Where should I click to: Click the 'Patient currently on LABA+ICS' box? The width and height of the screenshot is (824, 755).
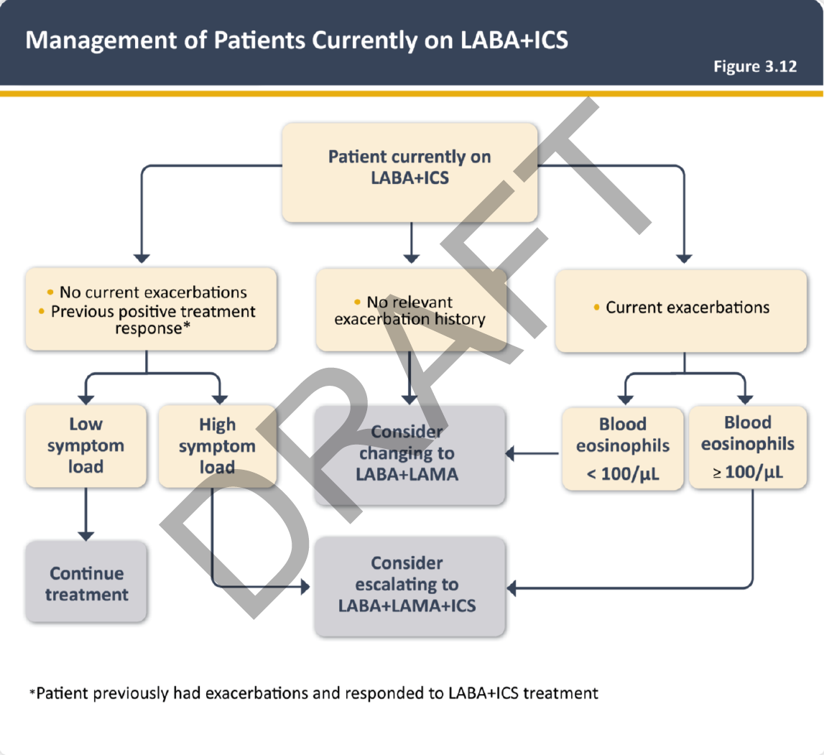click(409, 172)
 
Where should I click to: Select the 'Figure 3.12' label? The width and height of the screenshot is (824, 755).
click(755, 66)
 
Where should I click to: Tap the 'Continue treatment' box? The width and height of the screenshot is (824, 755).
click(86, 583)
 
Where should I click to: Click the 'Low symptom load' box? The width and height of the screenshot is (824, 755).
click(85, 446)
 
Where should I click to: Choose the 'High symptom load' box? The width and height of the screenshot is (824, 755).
click(217, 446)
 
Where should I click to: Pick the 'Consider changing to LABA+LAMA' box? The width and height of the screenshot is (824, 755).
click(409, 453)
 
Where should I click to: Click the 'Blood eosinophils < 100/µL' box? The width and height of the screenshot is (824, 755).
click(622, 449)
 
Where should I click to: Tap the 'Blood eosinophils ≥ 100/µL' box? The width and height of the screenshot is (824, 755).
click(747, 446)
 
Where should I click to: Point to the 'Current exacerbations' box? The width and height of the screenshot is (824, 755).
click(681, 309)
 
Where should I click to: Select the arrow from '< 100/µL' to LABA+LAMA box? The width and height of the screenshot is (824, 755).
click(532, 454)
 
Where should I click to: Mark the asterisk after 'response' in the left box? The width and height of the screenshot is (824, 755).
click(188, 327)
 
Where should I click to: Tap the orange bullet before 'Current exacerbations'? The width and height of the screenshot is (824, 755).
click(597, 308)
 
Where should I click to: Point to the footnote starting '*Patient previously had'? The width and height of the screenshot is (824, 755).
click(313, 693)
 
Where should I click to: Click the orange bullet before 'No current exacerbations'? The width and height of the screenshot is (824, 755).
click(50, 292)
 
